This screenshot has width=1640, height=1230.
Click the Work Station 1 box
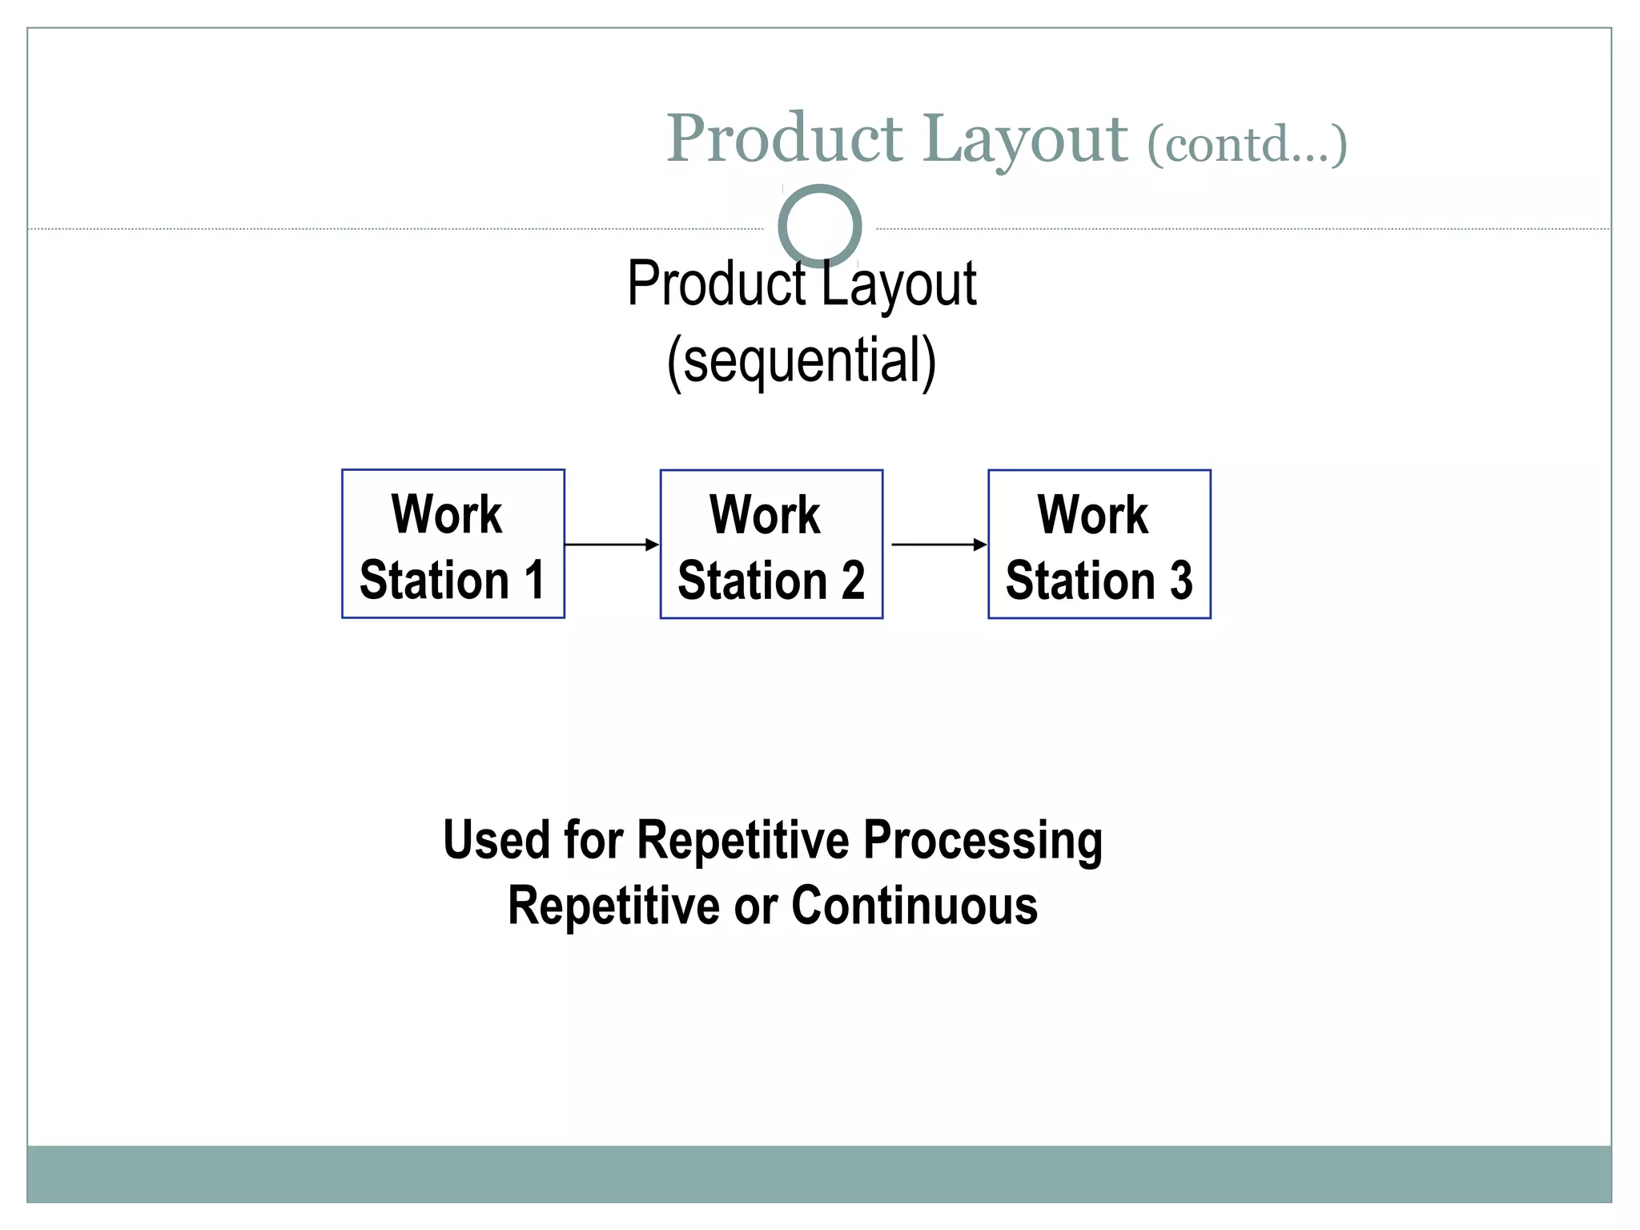click(x=453, y=544)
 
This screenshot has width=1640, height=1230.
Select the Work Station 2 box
click(x=771, y=544)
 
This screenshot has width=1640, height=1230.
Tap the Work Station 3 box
click(x=1099, y=544)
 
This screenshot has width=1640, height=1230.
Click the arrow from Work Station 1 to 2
click(x=611, y=545)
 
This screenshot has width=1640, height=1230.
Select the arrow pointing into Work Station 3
click(x=939, y=545)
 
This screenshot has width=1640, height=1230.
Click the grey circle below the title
click(x=819, y=226)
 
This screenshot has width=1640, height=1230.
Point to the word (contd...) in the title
click(x=1247, y=144)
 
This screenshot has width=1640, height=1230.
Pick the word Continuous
click(x=914, y=906)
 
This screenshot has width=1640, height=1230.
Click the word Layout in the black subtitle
click(x=898, y=285)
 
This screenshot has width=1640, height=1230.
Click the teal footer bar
click(x=819, y=1173)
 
